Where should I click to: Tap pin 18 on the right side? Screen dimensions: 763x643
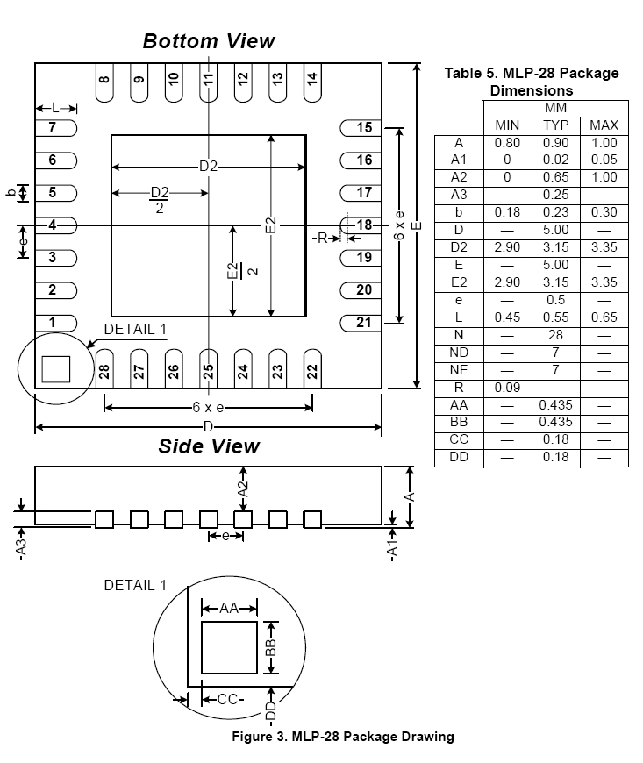[364, 225]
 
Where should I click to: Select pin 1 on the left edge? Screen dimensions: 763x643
[52, 323]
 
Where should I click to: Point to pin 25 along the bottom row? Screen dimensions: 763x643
[208, 371]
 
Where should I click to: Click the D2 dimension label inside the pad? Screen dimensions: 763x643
[208, 167]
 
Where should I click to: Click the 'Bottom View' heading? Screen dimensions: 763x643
[209, 41]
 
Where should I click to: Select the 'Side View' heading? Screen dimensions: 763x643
[209, 446]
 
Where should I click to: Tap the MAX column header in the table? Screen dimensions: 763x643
[604, 125]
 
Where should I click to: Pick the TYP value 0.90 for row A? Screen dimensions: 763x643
[555, 142]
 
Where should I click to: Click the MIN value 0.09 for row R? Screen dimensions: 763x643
[507, 387]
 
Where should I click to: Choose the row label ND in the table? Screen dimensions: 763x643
[459, 352]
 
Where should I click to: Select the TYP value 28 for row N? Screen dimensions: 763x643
[555, 334]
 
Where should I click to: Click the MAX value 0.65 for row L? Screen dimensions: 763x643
[604, 317]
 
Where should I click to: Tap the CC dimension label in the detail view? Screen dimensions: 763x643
[227, 699]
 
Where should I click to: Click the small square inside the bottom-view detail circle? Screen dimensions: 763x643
[55, 368]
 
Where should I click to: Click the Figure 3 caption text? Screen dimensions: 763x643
[343, 737]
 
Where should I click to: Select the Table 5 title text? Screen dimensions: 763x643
[532, 82]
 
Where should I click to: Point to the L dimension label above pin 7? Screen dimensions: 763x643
[55, 108]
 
